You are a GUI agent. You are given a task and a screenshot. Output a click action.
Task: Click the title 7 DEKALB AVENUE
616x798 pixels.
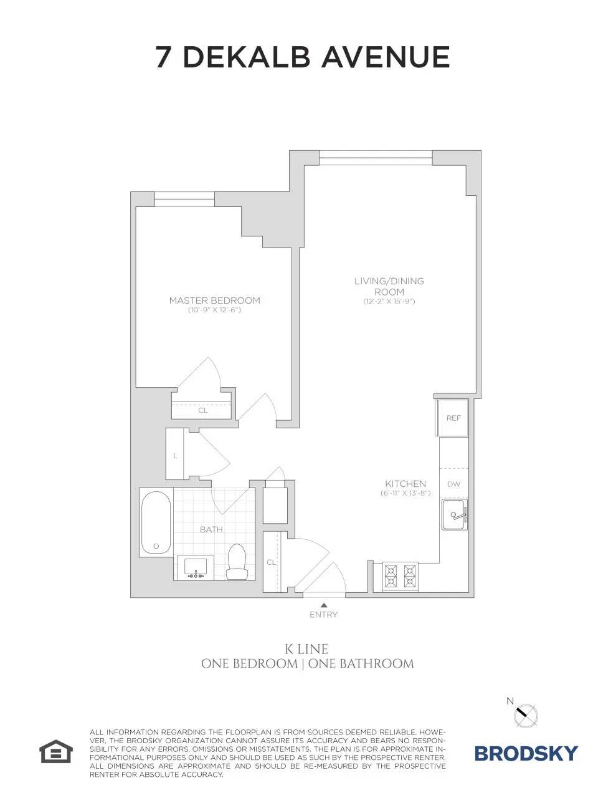302,57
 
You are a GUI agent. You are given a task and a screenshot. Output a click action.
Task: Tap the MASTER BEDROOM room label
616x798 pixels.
214,300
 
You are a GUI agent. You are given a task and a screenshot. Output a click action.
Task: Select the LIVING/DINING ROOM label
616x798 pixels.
389,286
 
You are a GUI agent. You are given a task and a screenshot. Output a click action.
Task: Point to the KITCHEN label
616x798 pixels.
405,483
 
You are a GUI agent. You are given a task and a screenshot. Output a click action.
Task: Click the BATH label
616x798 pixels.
211,529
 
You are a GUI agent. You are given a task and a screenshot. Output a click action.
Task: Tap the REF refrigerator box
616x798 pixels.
453,418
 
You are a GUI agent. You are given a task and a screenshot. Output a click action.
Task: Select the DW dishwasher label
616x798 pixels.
453,484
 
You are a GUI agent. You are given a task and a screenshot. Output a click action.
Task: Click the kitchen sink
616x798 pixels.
454,516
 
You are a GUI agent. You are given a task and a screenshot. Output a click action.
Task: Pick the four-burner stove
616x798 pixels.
400,576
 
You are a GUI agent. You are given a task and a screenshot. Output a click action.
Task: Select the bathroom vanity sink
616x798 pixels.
196,567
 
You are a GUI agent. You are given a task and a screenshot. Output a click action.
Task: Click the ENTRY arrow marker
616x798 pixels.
323,605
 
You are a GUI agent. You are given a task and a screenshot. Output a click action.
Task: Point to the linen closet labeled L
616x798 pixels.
176,455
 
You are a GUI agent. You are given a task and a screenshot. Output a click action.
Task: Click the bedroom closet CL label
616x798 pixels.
203,410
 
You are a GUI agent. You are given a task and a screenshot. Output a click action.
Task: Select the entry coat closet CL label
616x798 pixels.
271,562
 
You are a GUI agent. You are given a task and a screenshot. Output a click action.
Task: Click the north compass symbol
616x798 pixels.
525,714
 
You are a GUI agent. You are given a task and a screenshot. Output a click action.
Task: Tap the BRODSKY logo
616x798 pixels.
526,753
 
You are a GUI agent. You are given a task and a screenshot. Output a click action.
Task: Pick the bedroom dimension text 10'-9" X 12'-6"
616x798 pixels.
214,310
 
